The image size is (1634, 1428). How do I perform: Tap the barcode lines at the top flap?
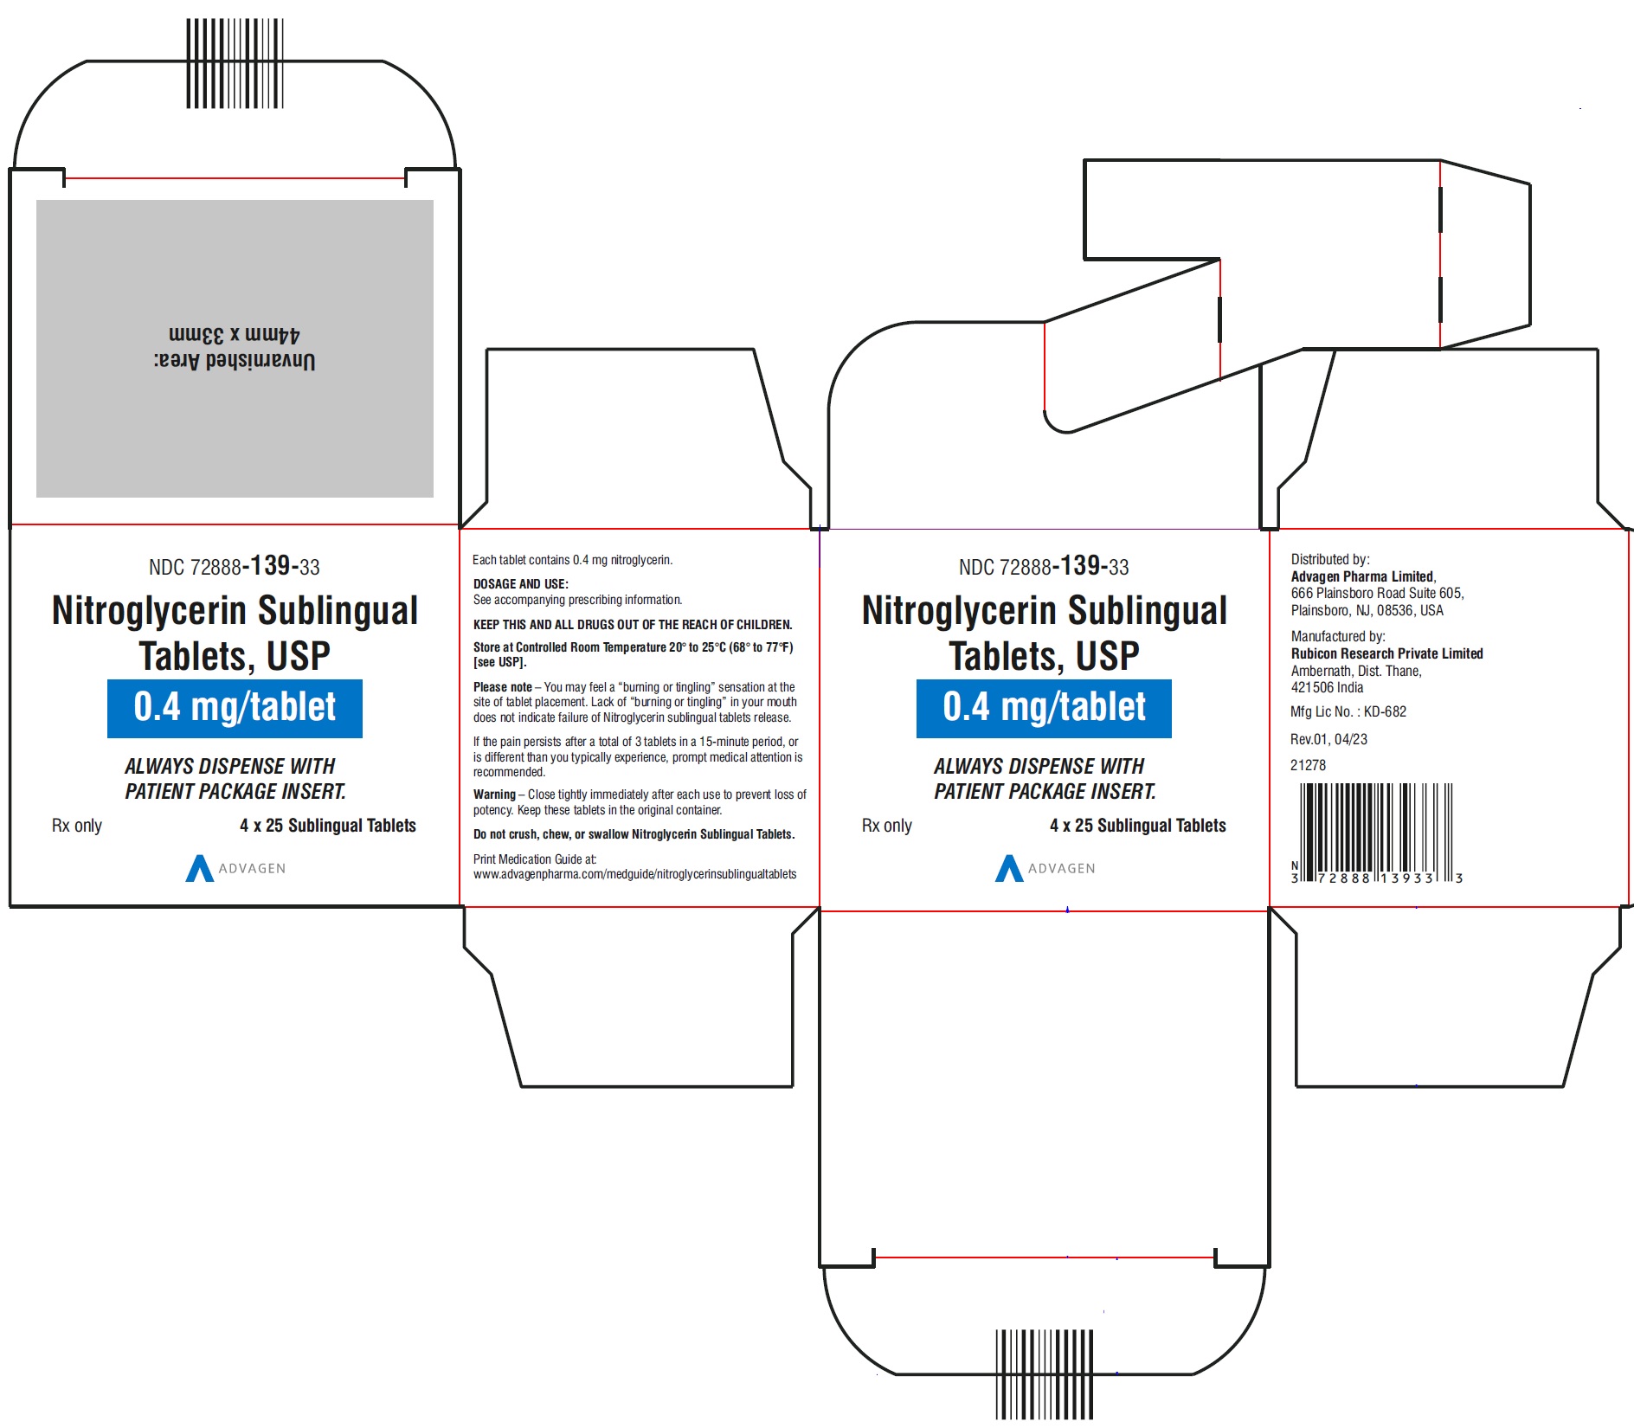click(x=235, y=63)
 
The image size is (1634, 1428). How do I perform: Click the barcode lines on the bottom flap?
click(x=1045, y=1374)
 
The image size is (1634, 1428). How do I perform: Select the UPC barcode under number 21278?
click(x=1376, y=833)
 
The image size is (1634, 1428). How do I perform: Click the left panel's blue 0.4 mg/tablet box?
click(x=235, y=709)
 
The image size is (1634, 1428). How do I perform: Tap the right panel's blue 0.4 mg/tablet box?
click(x=1044, y=709)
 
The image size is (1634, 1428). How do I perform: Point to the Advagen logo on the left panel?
click(x=235, y=868)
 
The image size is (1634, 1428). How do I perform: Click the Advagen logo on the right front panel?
click(x=1045, y=868)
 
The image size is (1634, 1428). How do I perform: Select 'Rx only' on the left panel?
click(x=77, y=826)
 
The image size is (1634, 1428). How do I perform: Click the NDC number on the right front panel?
click(x=1044, y=566)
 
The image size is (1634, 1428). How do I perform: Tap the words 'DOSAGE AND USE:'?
click(x=521, y=584)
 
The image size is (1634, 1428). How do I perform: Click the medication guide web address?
click(x=635, y=874)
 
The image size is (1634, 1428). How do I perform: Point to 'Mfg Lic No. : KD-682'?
click(x=1348, y=711)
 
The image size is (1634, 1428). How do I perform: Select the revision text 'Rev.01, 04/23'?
click(x=1328, y=739)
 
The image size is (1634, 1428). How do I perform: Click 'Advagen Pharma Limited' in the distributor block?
click(x=1363, y=576)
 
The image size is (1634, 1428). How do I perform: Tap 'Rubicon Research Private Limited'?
click(x=1387, y=653)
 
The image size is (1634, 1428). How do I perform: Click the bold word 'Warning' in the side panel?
click(x=494, y=794)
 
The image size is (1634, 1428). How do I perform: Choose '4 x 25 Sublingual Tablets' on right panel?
click(x=1138, y=826)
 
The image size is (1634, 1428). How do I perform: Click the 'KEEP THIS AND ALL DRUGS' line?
click(x=633, y=624)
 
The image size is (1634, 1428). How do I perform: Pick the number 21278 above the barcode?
click(x=1308, y=765)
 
